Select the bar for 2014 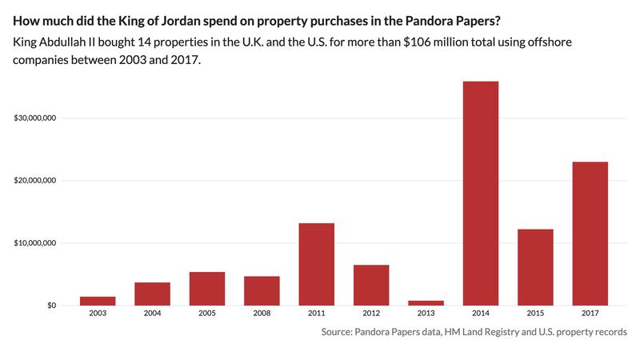pyautogui.click(x=480, y=193)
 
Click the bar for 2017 pyautogui.click(x=590, y=233)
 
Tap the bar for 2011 pyautogui.click(x=316, y=264)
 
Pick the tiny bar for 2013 pyautogui.click(x=426, y=302)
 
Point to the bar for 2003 pyautogui.click(x=98, y=301)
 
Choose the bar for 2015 pyautogui.click(x=535, y=267)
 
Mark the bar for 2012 pyautogui.click(x=371, y=285)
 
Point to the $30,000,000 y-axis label pyautogui.click(x=35, y=118)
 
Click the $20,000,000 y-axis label pyautogui.click(x=35, y=181)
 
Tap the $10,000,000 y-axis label pyautogui.click(x=35, y=243)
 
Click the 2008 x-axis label pyautogui.click(x=262, y=314)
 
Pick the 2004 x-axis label pyautogui.click(x=152, y=314)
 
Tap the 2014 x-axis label pyautogui.click(x=480, y=314)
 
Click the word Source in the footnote pyautogui.click(x=339, y=331)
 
